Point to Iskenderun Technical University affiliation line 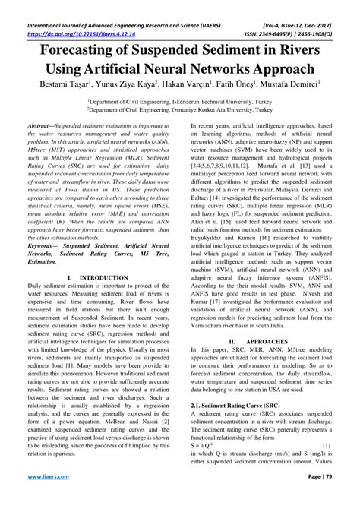click(x=179, y=100)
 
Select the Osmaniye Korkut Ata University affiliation click(x=179, y=109)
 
